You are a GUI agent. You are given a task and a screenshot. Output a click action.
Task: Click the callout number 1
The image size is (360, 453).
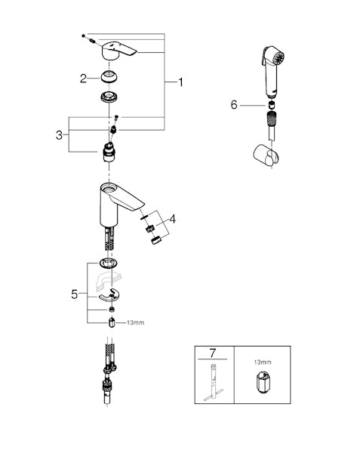click(180, 82)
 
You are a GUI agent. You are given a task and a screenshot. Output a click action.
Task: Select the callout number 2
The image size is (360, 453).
click(83, 79)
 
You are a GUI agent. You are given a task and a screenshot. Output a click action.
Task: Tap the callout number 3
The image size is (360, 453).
click(59, 135)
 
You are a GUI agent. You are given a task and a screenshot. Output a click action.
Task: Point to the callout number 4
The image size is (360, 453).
click(172, 219)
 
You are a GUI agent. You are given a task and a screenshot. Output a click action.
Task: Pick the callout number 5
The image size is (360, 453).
click(75, 294)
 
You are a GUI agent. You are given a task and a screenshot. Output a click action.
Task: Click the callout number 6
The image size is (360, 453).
click(234, 105)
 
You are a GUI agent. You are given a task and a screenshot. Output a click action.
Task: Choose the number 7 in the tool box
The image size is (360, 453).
click(212, 353)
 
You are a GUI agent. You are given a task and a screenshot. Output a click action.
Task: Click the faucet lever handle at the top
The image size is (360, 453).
click(118, 51)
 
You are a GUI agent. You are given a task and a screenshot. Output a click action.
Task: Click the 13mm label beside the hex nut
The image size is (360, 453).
click(135, 322)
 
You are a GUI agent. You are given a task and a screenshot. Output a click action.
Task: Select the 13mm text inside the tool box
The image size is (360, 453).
click(263, 362)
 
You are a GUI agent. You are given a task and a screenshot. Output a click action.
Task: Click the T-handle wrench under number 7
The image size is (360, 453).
click(214, 382)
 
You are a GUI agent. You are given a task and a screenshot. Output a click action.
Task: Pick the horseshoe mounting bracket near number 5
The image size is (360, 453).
click(111, 295)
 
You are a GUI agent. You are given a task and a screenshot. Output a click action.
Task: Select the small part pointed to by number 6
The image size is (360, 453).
click(271, 104)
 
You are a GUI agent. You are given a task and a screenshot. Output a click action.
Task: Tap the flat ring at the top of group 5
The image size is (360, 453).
click(108, 263)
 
